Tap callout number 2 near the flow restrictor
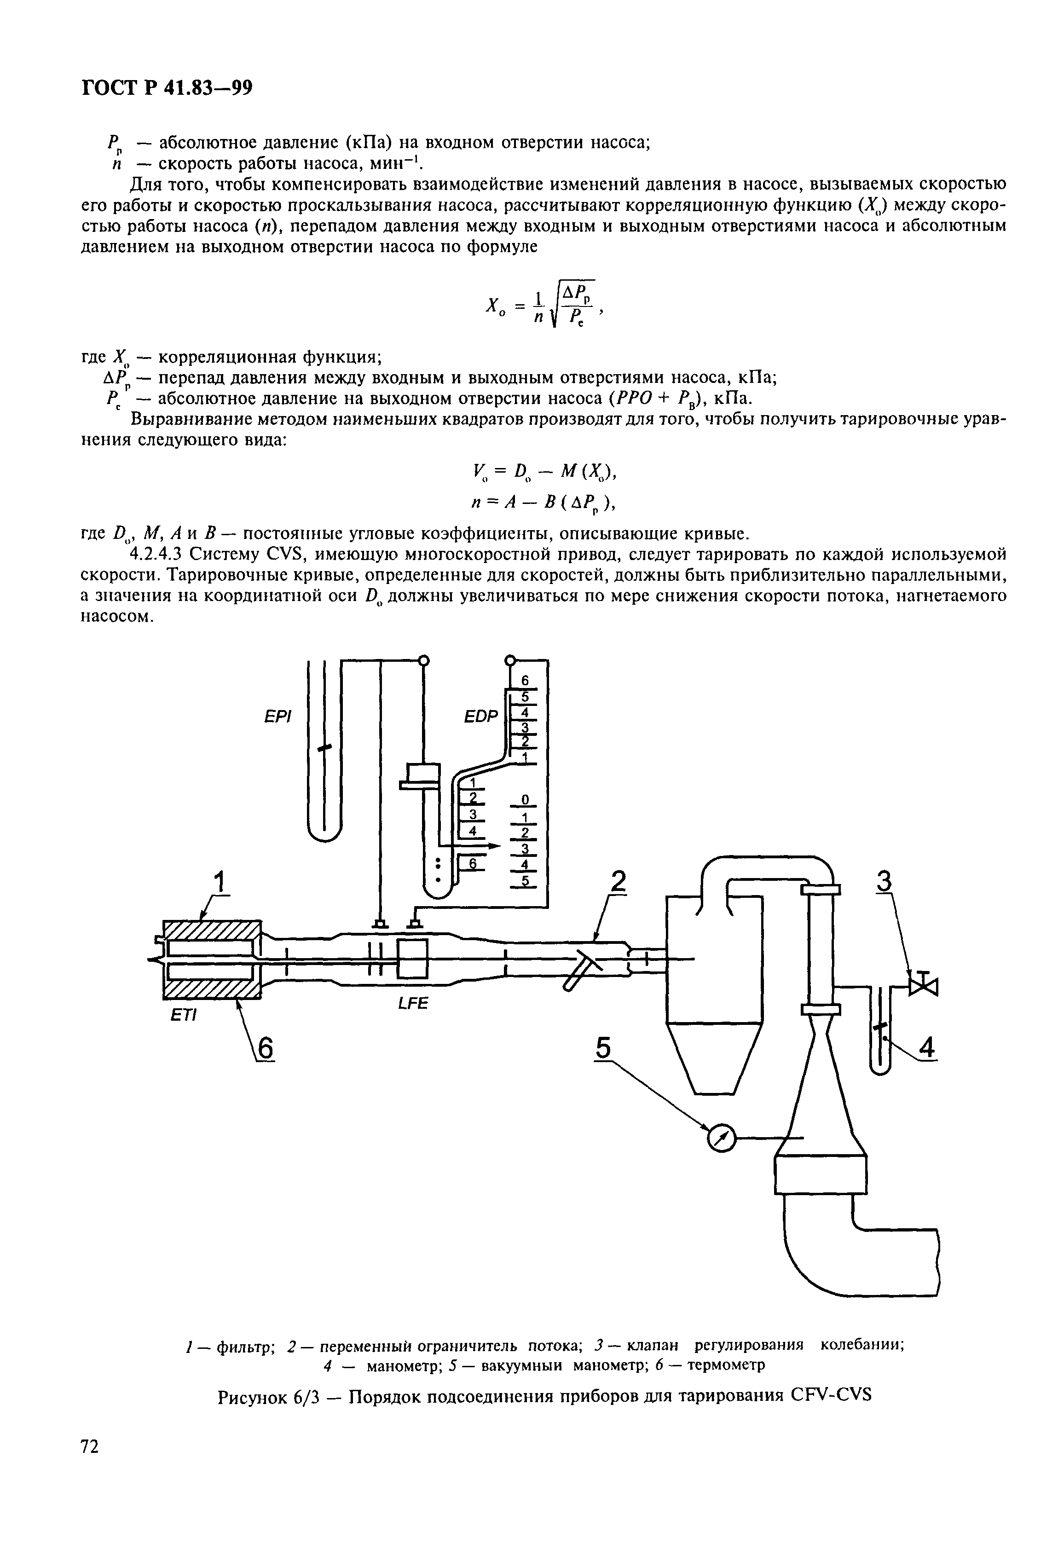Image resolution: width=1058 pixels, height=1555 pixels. coord(619,884)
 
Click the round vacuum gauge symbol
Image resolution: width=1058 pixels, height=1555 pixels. coord(720,1138)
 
